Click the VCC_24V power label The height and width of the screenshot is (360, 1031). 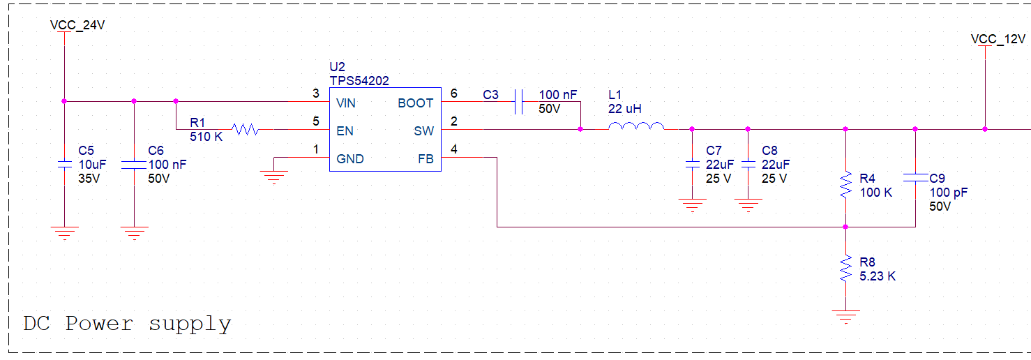[x=77, y=25]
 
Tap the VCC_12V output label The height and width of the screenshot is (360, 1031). [x=998, y=39]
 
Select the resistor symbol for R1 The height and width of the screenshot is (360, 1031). [x=246, y=129]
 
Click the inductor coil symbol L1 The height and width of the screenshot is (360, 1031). [x=636, y=126]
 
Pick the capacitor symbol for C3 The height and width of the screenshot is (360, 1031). [x=519, y=102]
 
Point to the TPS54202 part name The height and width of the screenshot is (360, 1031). [x=359, y=81]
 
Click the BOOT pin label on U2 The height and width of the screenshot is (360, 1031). [x=415, y=103]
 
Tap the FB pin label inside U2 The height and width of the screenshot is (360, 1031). [x=426, y=159]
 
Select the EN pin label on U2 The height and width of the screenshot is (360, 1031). [x=345, y=131]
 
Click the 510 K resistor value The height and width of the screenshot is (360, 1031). [x=206, y=137]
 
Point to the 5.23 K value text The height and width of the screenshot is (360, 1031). [x=878, y=276]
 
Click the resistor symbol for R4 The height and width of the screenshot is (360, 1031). [x=845, y=185]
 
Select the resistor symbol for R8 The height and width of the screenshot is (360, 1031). [x=845, y=269]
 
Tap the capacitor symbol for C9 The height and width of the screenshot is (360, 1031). [x=915, y=178]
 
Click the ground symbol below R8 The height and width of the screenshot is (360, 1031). [x=845, y=317]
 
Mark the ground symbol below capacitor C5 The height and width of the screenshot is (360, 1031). [x=64, y=234]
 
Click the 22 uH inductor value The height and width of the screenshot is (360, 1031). [x=624, y=109]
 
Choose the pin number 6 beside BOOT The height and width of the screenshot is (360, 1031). [x=454, y=93]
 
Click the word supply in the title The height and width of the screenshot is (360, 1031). [x=190, y=324]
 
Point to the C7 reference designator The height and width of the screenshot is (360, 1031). [x=714, y=151]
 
